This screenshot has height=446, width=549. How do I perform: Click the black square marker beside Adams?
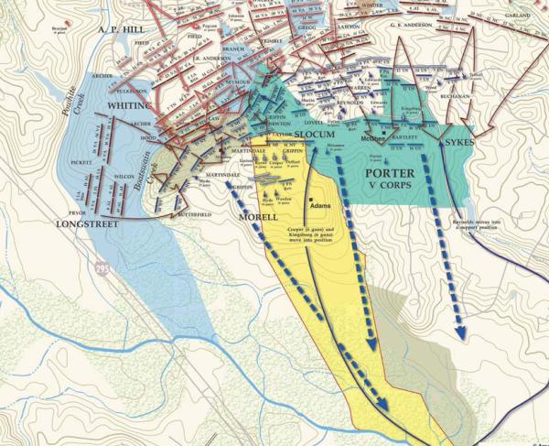click(312, 200)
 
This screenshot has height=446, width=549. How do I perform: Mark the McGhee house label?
click(371, 139)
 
